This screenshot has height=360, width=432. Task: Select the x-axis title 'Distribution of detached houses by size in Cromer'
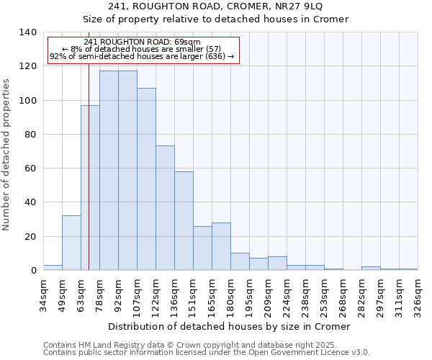point(230,326)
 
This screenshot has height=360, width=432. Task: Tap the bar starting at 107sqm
point(146,179)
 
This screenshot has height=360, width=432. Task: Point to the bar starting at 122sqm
point(165,208)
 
